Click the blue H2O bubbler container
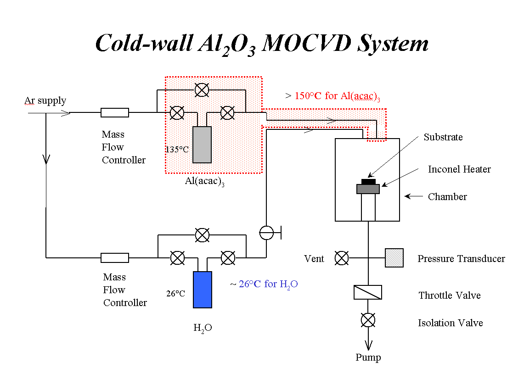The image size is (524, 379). tap(203, 290)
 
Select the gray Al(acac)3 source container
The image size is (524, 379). tap(202, 145)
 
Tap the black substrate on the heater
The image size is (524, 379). tap(368, 182)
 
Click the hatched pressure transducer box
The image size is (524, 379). tap(394, 258)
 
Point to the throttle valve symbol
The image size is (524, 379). tap(368, 292)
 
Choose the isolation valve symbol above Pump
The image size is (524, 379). tap(368, 319)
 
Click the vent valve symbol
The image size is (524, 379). tap(342, 258)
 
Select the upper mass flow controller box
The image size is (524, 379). tap(115, 112)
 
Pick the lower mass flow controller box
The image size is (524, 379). tap(115, 258)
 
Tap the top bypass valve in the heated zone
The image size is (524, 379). tap(201, 90)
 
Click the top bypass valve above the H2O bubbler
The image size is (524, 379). tap(202, 235)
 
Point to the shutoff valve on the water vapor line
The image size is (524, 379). tap(267, 233)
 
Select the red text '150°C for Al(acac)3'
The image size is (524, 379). tap(337, 96)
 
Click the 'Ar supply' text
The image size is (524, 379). tap(45, 100)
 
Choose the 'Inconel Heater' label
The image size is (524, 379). tap(459, 169)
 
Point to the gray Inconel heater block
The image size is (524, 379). tap(368, 189)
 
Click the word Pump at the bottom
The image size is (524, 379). tap(368, 357)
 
